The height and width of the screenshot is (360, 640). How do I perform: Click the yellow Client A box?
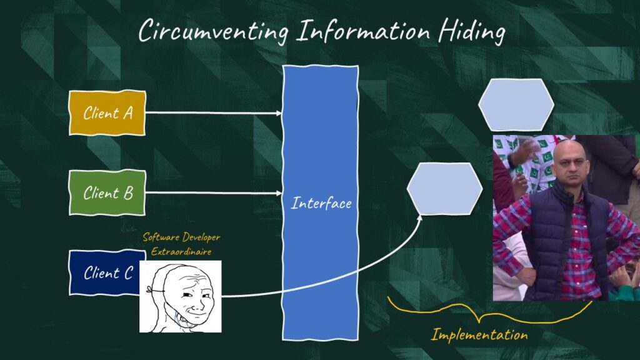pos(107,113)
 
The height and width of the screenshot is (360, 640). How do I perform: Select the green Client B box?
pos(107,192)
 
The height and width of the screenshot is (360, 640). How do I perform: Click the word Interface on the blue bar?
pos(321,204)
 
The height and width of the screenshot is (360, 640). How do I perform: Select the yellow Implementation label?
pos(479,335)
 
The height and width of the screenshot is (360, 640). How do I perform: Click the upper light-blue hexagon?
pos(516,105)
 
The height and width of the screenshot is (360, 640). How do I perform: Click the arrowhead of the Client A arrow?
pos(279,113)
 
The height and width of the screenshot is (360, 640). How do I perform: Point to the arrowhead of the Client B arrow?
pos(279,192)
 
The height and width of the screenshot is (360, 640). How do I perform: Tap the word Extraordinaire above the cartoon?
pos(181,252)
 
